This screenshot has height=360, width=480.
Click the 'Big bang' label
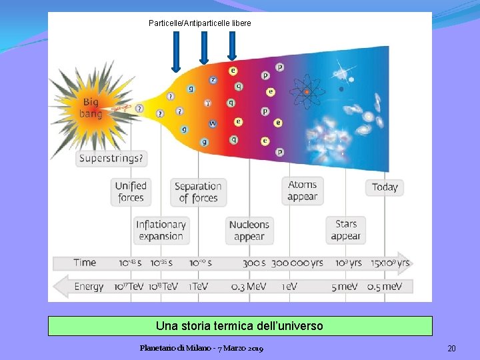pos(91,108)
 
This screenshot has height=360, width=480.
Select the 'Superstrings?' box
pos(111,159)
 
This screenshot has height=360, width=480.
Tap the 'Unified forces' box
pos(131,191)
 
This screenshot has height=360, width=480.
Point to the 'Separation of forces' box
pos(198,192)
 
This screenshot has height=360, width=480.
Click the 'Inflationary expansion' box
pos(161,231)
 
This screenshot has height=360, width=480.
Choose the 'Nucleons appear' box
pos(249,231)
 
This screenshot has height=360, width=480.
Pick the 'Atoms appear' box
pos(303,191)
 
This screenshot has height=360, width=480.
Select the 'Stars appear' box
pos(346,230)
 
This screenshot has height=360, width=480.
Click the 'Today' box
pos(385,187)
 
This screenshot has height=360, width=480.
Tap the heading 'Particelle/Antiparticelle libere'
pos(200,23)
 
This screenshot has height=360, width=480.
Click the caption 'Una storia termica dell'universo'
pos(239,326)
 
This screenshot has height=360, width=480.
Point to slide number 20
pos(451,349)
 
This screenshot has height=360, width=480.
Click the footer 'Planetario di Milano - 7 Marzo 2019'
pos(201,349)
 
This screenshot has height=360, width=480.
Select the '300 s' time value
pos(254,263)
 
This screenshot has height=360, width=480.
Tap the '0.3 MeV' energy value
pos(248,287)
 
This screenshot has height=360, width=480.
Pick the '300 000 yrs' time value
pos(297,263)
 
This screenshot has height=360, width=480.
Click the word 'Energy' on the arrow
pos(89,287)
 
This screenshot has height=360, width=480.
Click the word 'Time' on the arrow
pos(85,263)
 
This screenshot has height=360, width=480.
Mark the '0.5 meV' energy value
pos(385,287)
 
